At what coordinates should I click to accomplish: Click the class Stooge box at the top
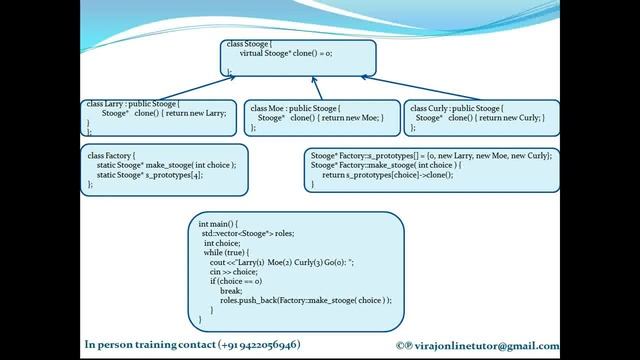pos(298,59)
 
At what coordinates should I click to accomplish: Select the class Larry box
pos(160,117)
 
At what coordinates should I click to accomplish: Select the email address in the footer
pos(554,344)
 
